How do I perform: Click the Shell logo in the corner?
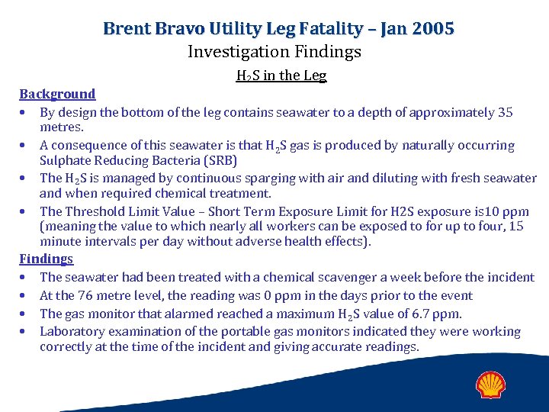click(492, 385)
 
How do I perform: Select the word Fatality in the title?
click(321, 29)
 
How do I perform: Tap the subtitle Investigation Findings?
click(274, 52)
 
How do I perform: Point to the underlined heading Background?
click(57, 94)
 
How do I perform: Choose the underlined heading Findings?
click(46, 259)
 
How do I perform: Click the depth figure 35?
click(505, 112)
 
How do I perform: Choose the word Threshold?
click(95, 211)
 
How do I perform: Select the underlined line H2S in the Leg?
click(281, 76)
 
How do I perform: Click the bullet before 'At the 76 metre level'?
click(26, 295)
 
